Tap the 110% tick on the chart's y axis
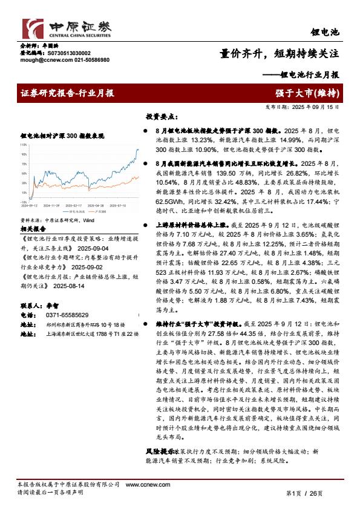pos(23,145)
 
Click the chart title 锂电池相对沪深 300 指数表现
pos(62,136)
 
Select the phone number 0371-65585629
pos(67,315)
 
